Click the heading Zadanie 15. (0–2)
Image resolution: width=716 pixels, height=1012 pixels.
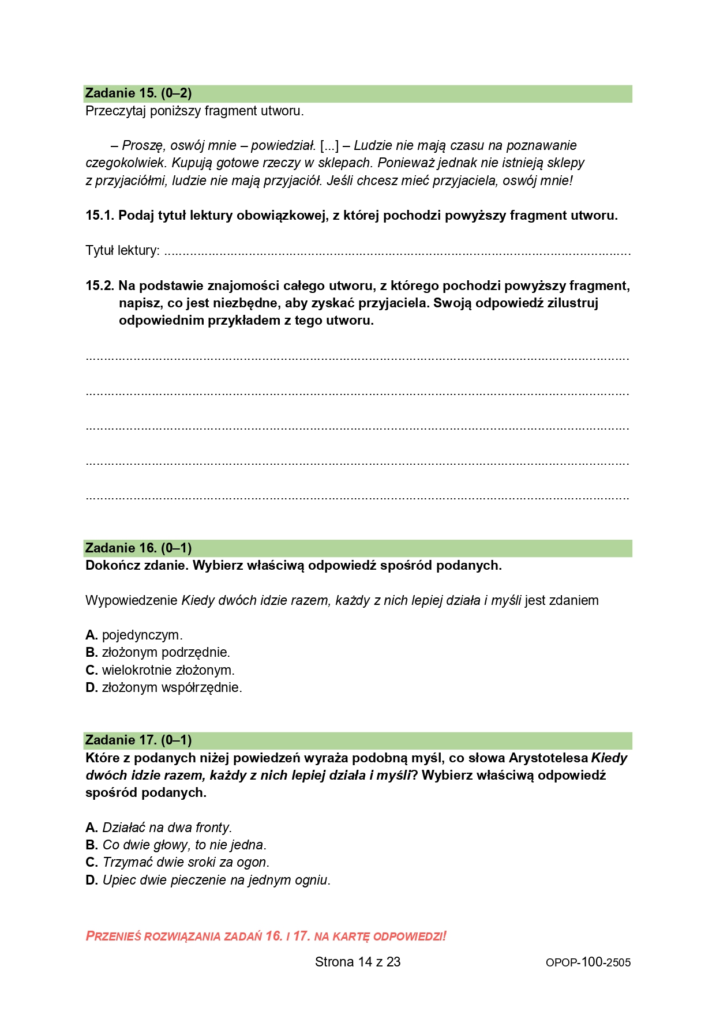[138, 93]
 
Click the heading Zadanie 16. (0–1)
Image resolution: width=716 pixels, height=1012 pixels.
[138, 548]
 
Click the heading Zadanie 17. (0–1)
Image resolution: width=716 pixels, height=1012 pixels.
[138, 740]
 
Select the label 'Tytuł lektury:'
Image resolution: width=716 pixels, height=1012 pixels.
[122, 251]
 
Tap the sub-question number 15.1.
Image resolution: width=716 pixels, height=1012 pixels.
[100, 216]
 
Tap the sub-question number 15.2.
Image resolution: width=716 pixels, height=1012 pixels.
[100, 286]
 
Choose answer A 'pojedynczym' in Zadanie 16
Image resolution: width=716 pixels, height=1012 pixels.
[141, 635]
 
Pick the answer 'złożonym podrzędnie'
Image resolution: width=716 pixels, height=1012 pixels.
[165, 653]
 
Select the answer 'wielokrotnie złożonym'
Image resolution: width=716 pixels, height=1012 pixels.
[167, 671]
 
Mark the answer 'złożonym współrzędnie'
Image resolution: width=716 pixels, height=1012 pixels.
[171, 688]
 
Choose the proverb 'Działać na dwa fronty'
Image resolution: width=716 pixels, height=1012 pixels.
[166, 828]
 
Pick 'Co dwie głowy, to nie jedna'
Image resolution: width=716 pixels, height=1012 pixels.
[183, 845]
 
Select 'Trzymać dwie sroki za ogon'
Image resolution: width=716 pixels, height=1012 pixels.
[185, 863]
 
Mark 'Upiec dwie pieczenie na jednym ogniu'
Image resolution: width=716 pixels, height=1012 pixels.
[216, 881]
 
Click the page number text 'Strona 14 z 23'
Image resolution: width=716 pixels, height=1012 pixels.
[358, 962]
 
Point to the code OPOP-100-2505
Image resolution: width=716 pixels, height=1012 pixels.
[588, 962]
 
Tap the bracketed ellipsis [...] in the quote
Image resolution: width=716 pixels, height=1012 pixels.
[329, 146]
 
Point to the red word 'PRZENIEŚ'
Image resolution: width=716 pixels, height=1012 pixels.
[113, 936]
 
